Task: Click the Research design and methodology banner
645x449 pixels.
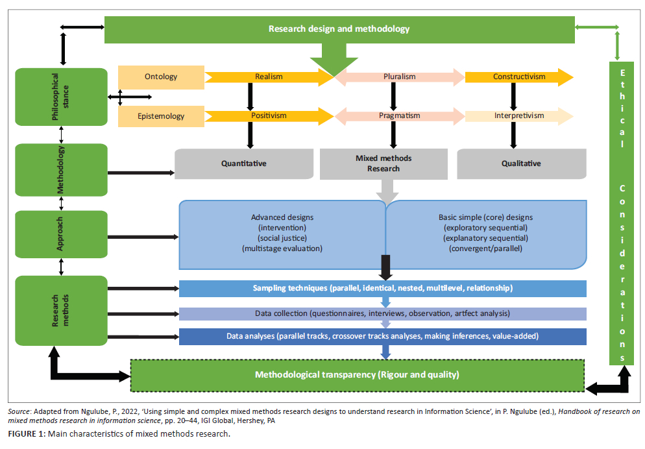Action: tap(339, 29)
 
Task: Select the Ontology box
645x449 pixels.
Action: tap(161, 77)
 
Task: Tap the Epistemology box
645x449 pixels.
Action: tap(161, 116)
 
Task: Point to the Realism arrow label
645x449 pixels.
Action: tap(268, 77)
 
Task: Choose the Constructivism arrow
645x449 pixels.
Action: tap(518, 77)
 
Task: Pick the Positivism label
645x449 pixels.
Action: tap(269, 115)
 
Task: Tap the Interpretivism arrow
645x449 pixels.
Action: tap(518, 115)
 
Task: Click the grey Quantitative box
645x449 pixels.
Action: tap(244, 164)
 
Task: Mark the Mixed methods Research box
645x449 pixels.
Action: tap(383, 164)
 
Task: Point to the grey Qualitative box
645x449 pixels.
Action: tap(520, 164)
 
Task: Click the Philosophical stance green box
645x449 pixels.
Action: tap(61, 97)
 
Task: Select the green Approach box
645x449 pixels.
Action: tap(61, 234)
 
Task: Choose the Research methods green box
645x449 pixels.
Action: tap(61, 309)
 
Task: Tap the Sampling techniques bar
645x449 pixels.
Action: tap(382, 288)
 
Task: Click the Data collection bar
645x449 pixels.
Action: tap(382, 313)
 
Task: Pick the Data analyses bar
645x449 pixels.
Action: tap(382, 336)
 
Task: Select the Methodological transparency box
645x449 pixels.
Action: tap(357, 374)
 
